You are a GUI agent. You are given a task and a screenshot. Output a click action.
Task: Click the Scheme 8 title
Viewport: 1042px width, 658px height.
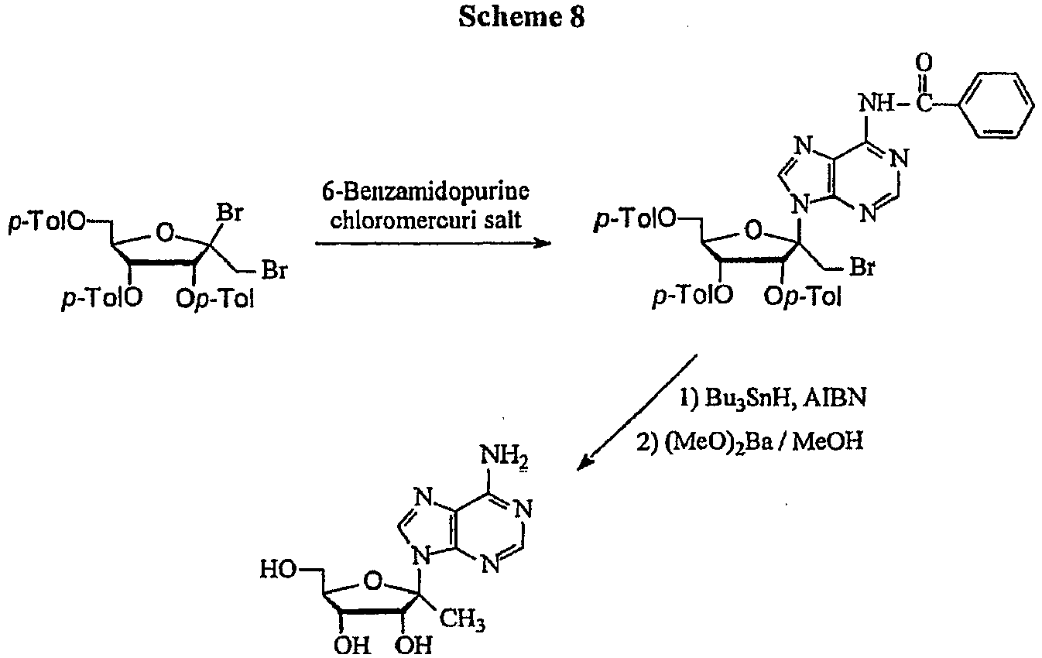click(x=521, y=17)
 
